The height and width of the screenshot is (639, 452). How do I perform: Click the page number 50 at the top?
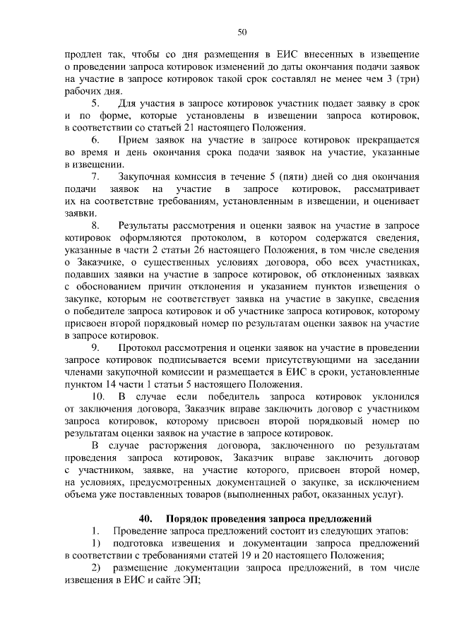coord(242,32)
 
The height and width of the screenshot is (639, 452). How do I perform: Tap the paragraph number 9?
coord(96,348)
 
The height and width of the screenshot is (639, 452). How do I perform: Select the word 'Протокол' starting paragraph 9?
coord(141,348)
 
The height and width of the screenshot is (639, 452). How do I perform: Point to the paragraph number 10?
coord(98,397)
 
